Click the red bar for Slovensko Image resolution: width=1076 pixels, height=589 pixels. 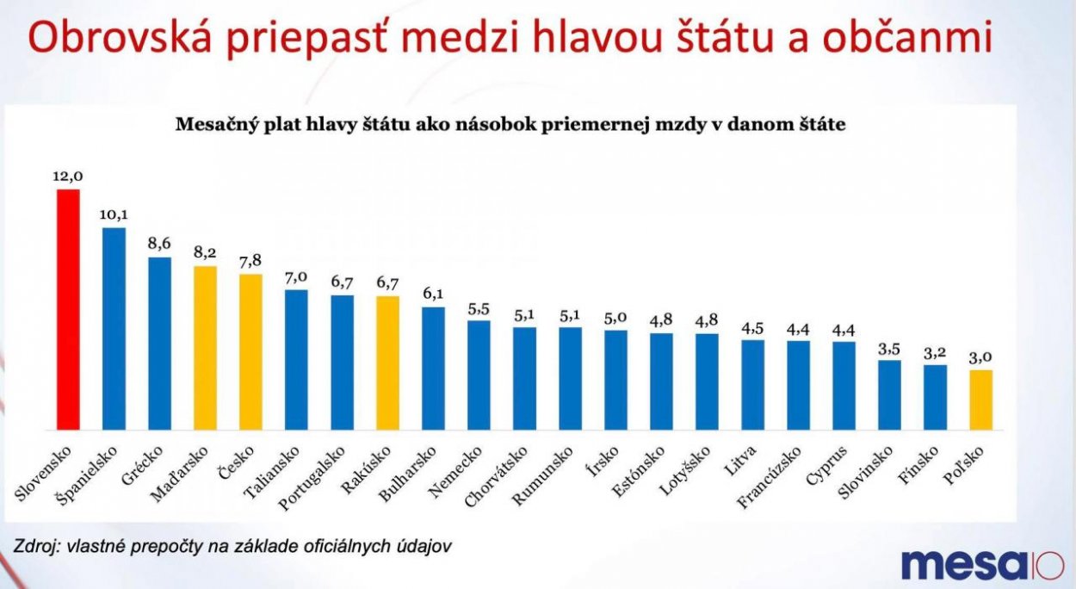pyautogui.click(x=68, y=310)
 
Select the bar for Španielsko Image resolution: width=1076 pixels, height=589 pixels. pyautogui.click(x=114, y=329)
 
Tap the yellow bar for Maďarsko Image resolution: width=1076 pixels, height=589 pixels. pyautogui.click(x=205, y=348)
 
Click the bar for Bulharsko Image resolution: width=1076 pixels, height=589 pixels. pyautogui.click(x=433, y=369)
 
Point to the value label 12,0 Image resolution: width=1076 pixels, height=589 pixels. pyautogui.click(x=68, y=177)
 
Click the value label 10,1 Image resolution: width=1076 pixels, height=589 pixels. pyautogui.click(x=114, y=215)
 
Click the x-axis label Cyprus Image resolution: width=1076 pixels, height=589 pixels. pyautogui.click(x=830, y=465)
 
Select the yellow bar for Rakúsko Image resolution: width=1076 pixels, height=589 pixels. pyautogui.click(x=387, y=363)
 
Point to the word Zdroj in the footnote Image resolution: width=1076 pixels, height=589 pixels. pyautogui.click(x=32, y=546)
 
